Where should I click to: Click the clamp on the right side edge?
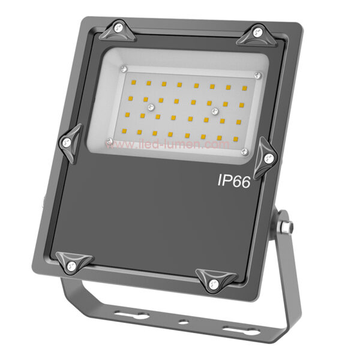[266, 156]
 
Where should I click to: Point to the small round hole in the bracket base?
[182, 322]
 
